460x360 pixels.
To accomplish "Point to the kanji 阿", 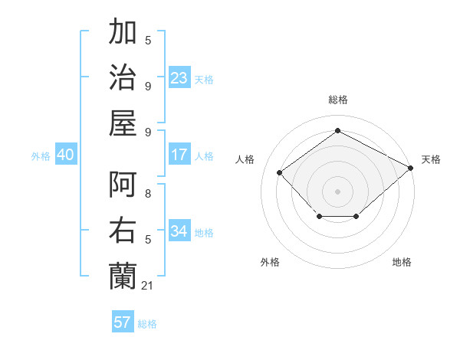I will click(123, 186).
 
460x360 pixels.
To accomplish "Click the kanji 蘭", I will click(123, 274).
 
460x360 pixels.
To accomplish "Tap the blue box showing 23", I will click(179, 77).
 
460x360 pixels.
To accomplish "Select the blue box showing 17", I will click(179, 155).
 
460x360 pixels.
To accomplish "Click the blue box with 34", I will click(179, 231).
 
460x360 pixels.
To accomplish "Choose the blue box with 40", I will click(65, 155).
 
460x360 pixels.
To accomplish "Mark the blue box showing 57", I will click(123, 322).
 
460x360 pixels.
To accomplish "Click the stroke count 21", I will click(148, 286).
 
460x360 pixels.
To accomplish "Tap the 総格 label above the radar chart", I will click(337, 100).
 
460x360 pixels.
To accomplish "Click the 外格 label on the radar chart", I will click(270, 262).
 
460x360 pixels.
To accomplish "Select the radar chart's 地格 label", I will click(402, 262).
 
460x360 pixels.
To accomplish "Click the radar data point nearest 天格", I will click(411, 169).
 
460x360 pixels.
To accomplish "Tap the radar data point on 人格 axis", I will click(280, 172).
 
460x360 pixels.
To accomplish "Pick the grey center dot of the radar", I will click(337, 191).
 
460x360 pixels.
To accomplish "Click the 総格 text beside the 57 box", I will click(147, 324).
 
